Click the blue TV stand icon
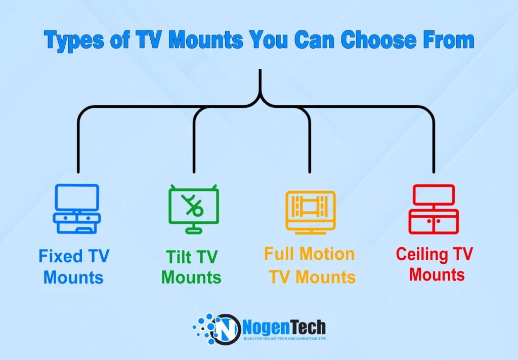coord(77,209)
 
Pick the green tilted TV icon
coord(193,209)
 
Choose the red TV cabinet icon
coord(434,209)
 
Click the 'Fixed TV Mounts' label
coord(74,266)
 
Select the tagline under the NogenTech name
coord(285,338)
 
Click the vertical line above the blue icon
coord(78,147)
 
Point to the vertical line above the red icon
coord(434,147)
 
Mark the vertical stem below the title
coord(260,81)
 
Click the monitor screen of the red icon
coord(434,194)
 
